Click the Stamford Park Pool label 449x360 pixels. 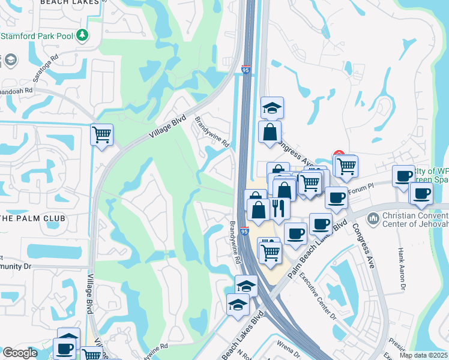click(x=37, y=36)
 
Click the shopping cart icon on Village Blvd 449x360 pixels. click(x=101, y=134)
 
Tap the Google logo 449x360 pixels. click(x=20, y=353)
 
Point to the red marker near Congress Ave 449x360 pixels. click(x=338, y=155)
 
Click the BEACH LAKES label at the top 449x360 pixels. click(x=69, y=3)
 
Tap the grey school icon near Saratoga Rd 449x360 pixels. click(x=11, y=59)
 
